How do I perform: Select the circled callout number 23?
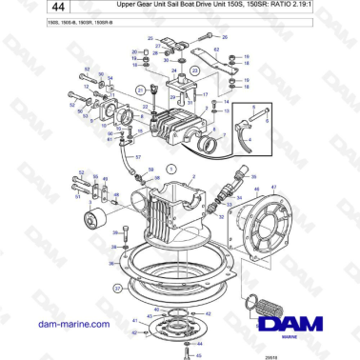pos(195,70)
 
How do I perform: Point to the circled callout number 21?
pos(140,90)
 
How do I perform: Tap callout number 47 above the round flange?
pos(274,188)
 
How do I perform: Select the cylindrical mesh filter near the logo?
pos(274,310)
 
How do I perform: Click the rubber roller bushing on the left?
pos(94,224)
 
